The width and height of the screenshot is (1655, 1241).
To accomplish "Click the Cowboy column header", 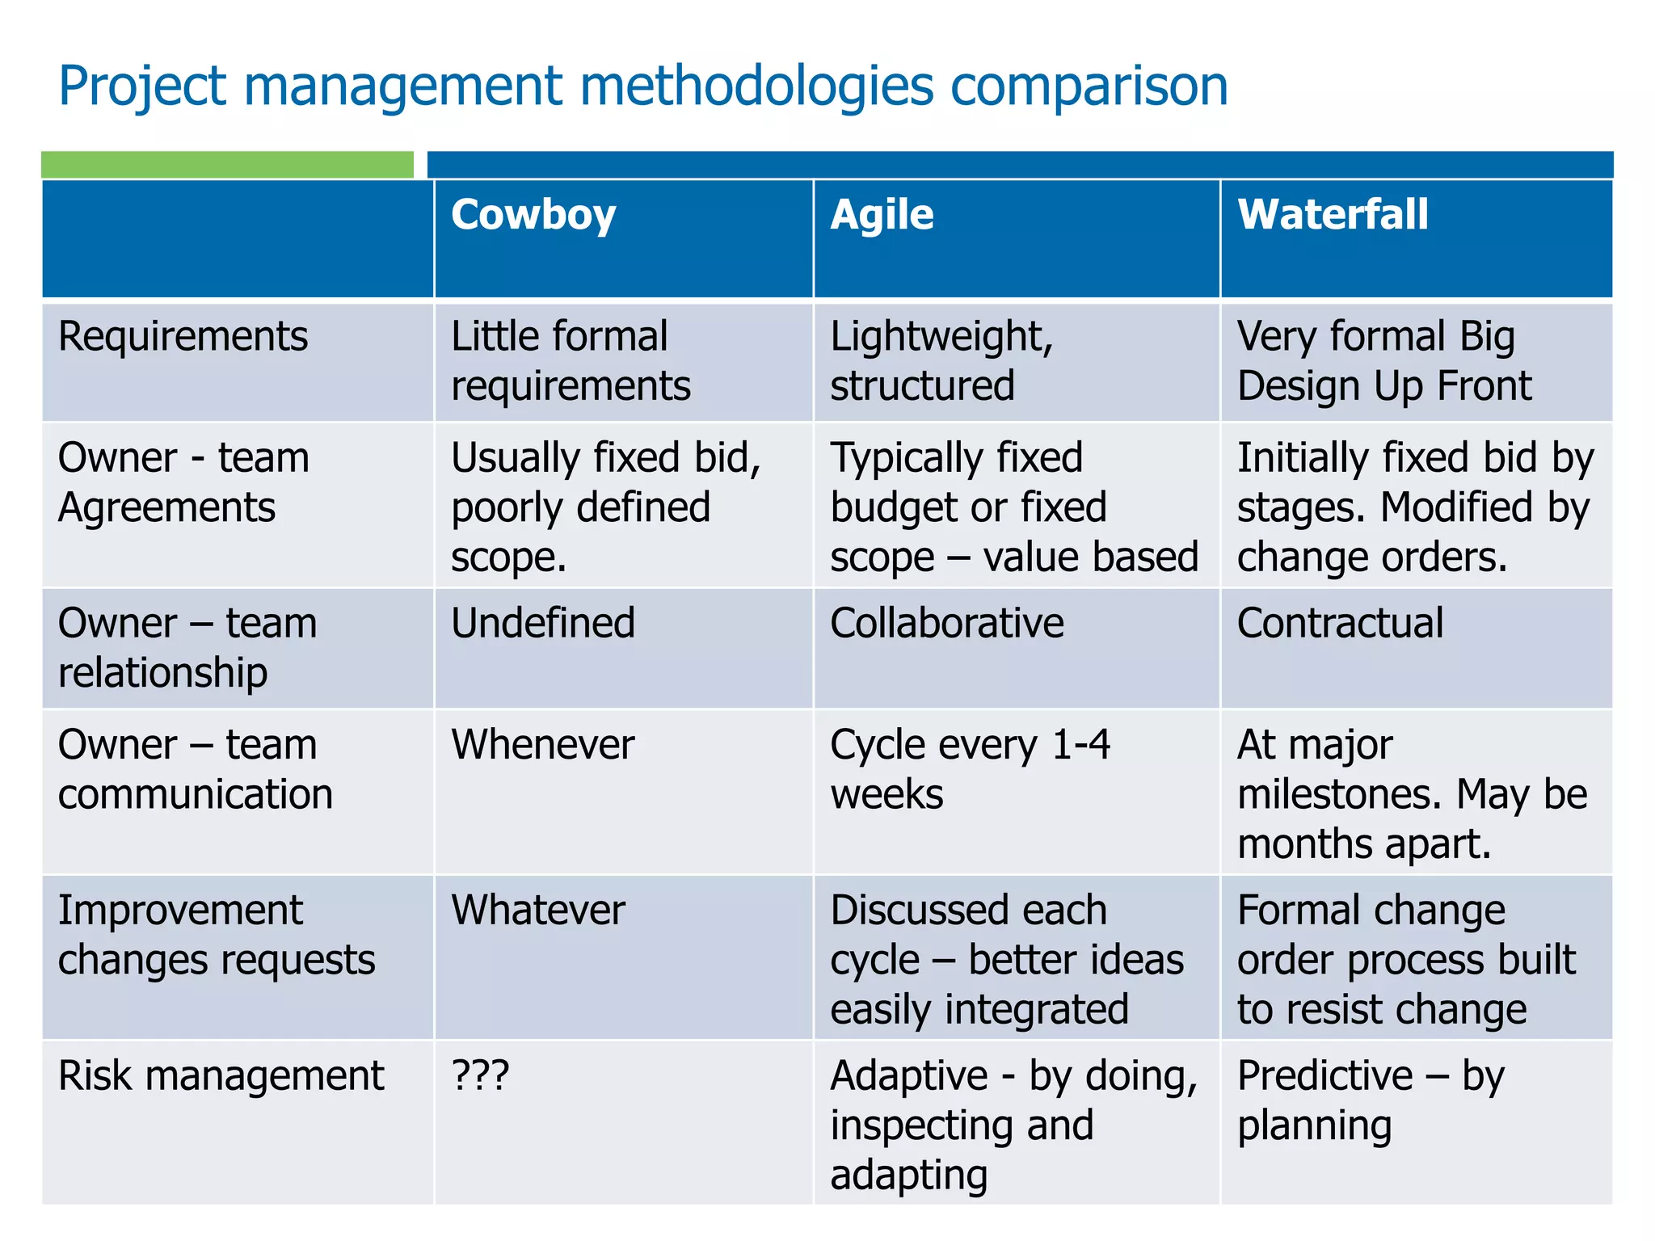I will [x=533, y=216].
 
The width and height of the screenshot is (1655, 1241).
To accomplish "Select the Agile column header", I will [x=882, y=216].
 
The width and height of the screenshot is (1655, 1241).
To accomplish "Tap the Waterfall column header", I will [x=1333, y=216].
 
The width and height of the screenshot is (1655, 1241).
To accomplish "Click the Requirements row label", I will [x=183, y=336].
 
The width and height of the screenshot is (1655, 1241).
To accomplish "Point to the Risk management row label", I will [x=221, y=1076].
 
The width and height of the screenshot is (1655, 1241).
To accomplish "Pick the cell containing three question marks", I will [x=480, y=1076].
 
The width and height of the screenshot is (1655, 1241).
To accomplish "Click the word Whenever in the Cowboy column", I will [x=542, y=745].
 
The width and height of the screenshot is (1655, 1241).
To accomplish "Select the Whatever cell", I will [x=538, y=911].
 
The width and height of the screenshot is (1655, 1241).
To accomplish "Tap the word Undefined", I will [x=543, y=624].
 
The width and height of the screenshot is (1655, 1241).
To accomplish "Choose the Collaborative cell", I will [x=946, y=624].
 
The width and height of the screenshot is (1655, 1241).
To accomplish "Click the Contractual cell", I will [x=1340, y=624].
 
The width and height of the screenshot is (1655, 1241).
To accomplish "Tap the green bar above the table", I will [x=227, y=165].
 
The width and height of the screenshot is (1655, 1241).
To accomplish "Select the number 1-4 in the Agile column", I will [x=1080, y=745].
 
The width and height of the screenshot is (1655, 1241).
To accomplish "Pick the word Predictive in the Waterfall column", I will [x=1325, y=1076].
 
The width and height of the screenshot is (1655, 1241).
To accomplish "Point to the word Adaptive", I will [x=909, y=1076].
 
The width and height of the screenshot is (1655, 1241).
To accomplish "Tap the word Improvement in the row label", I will [x=180, y=911].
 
